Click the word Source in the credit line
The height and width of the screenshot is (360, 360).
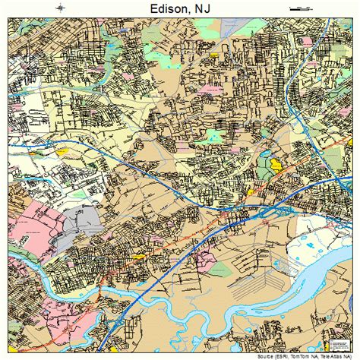click(x=266, y=355)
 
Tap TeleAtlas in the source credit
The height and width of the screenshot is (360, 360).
click(x=335, y=355)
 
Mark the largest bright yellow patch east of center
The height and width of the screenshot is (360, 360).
click(x=274, y=162)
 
